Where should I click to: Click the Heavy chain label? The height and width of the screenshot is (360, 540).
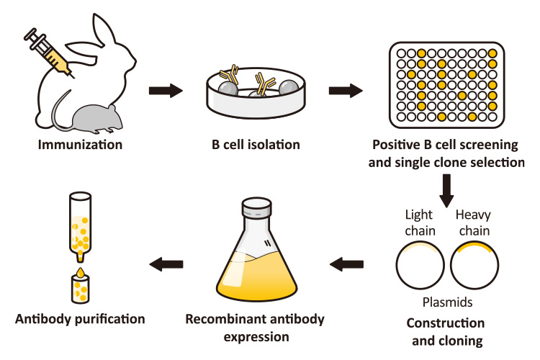473,222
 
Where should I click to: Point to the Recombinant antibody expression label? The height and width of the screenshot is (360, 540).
255,327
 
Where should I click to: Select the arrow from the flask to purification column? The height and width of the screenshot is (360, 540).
165,266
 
